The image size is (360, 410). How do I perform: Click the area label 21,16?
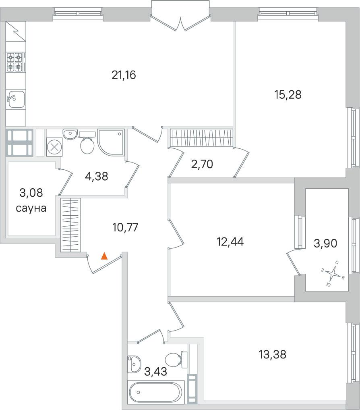tap(124, 75)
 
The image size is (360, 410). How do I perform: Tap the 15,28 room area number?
tap(288, 95)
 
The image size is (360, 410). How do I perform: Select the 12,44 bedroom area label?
tap(230, 242)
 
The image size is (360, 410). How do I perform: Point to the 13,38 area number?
tap(273, 354)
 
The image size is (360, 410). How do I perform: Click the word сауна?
tap(31, 208)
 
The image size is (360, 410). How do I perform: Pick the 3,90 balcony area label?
tap(325, 243)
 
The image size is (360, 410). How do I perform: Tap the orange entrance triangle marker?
tap(104, 256)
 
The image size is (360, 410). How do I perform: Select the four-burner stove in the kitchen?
tap(15, 62)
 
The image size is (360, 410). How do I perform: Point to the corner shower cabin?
tap(111, 142)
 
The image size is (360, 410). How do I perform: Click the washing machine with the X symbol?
tap(55, 147)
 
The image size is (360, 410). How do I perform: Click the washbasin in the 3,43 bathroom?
tap(134, 363)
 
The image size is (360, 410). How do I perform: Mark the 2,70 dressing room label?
tap(202, 164)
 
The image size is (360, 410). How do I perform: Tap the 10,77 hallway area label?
tap(125, 227)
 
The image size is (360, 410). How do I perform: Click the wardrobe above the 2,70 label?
tap(201, 137)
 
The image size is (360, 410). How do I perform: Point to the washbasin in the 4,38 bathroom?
tap(70, 134)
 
